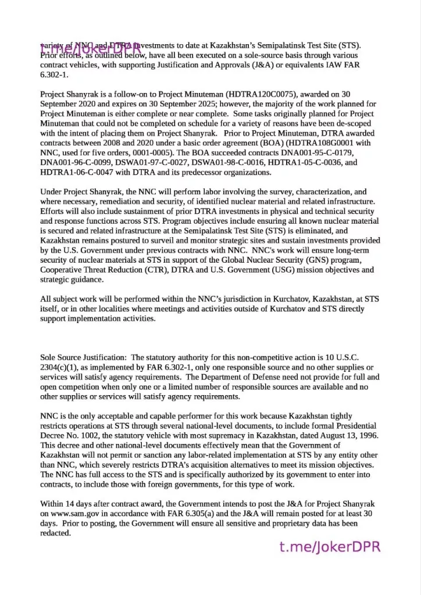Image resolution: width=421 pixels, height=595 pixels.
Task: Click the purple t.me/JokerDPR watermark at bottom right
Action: (x=330, y=547)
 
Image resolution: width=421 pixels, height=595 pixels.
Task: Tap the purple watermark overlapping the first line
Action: (x=90, y=49)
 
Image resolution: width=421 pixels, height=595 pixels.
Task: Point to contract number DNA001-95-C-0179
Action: (x=313, y=153)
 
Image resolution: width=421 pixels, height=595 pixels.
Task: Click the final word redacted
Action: (x=55, y=533)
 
